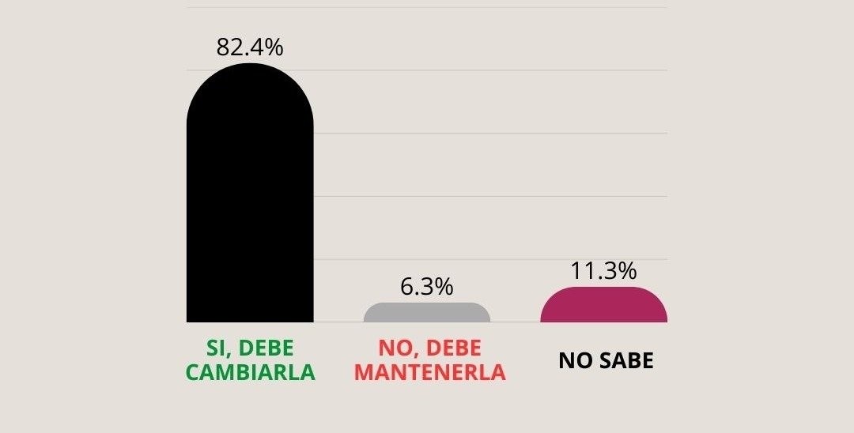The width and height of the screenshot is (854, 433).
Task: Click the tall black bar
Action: [x=250, y=205]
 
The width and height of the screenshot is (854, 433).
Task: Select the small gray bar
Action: [x=427, y=313]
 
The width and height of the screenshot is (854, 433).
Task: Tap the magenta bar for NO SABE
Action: [x=603, y=306]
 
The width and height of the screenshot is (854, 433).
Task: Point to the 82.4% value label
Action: [x=250, y=47]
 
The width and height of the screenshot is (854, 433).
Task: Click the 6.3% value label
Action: [x=427, y=287]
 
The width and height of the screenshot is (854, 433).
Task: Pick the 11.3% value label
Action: [x=603, y=271]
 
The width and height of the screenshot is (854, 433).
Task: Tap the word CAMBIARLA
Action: [x=250, y=372]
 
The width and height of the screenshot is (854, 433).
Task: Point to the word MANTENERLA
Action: [x=427, y=372]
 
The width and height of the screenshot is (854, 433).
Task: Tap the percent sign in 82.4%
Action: [x=274, y=47]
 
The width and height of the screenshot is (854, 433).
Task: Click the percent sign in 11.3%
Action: [x=627, y=271]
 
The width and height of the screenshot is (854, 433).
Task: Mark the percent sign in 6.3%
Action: [x=444, y=287]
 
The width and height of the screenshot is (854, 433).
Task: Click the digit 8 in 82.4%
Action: [x=223, y=47]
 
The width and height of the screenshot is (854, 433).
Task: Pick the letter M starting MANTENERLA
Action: [x=359, y=372]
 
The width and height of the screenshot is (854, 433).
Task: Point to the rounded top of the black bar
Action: [x=250, y=71]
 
